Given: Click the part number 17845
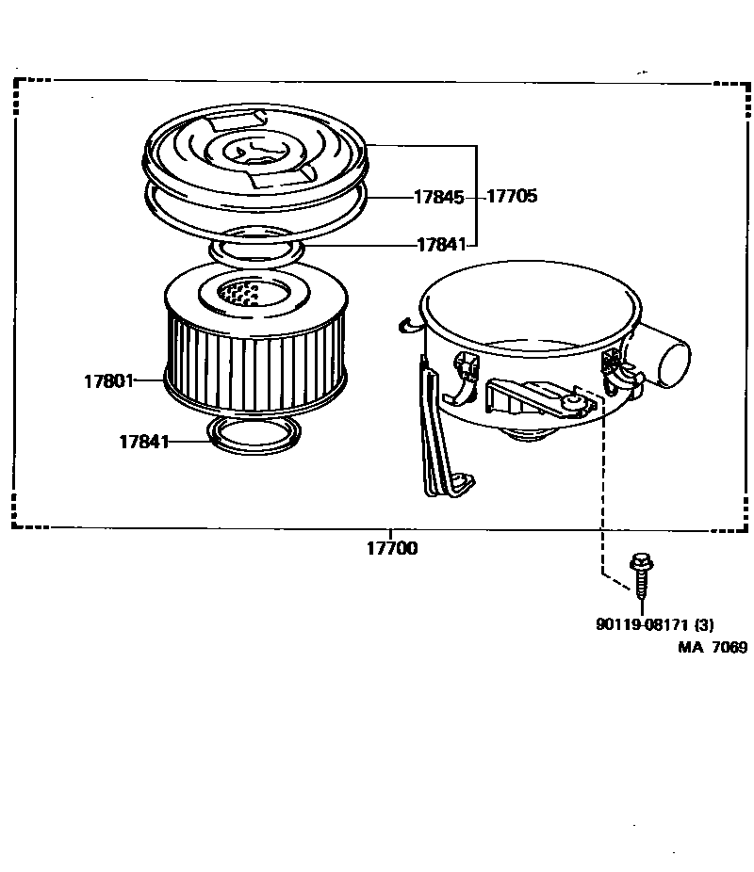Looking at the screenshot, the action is (x=439, y=197).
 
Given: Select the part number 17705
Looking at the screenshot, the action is (x=512, y=196).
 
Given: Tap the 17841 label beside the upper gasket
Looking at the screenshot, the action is (x=442, y=244).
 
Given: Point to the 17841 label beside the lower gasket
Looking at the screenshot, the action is (x=144, y=442).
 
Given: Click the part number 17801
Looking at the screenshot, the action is (x=109, y=381).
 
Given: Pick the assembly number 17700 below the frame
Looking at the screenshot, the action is (x=392, y=548).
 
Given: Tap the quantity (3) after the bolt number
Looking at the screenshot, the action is (x=704, y=624).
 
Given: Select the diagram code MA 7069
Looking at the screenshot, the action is (x=713, y=647).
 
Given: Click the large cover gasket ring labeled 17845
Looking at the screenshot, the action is (x=256, y=214).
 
